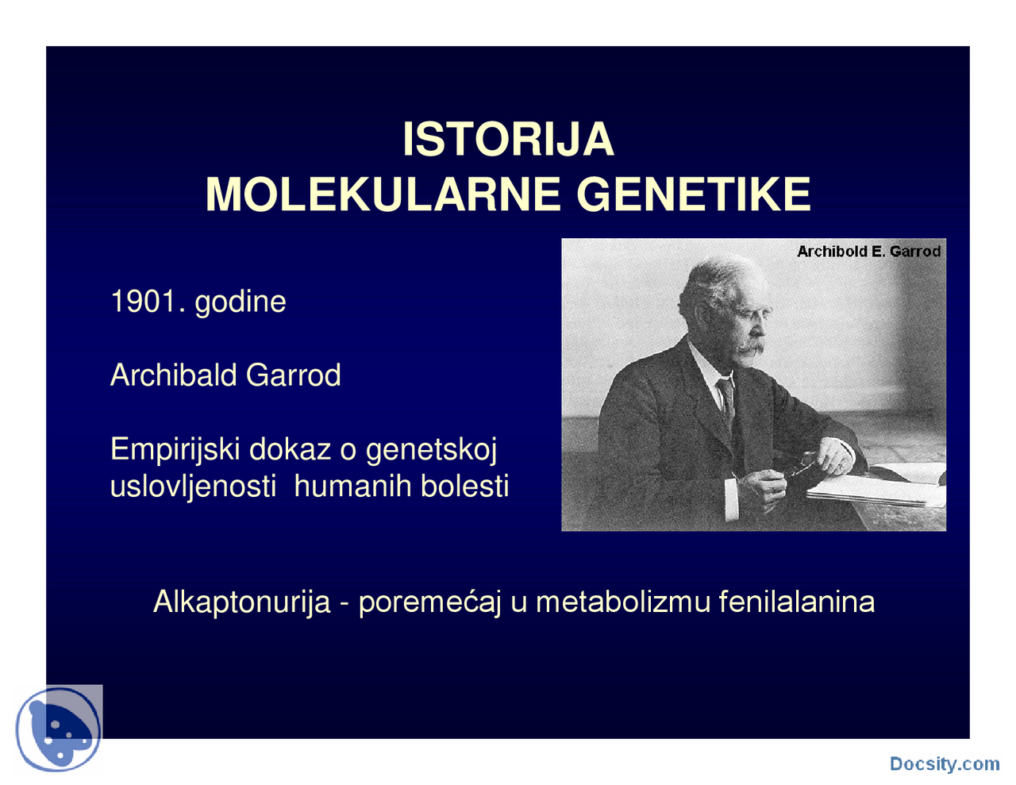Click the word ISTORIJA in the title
(508, 140)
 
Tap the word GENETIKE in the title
(694, 194)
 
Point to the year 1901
(143, 302)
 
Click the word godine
(240, 302)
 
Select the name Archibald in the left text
(173, 375)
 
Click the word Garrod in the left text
(293, 375)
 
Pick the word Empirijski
(175, 450)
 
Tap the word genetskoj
(431, 450)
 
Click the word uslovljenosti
(193, 486)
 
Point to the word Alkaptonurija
(241, 602)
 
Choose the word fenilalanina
(796, 602)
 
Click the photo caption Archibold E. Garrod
(868, 252)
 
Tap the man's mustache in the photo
(750, 347)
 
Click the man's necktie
(726, 401)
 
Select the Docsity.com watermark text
(945, 764)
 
